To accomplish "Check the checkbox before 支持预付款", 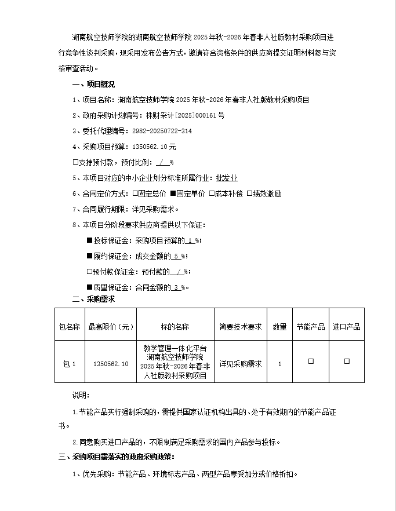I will pos(75,162).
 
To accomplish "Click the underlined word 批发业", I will pos(227,178).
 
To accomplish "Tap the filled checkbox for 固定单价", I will pos(172,194).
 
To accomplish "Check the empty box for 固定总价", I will pos(135,194).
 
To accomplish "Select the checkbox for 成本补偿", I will pos(212,194).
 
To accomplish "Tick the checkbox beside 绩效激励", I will pos(249,194).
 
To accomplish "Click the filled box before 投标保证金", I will pos(89,240).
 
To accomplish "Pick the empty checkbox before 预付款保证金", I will pos(89,271).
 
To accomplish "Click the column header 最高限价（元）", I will pos(110,327).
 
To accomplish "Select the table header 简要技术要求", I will pos(241,327).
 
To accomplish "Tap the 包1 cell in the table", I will pos(69,364).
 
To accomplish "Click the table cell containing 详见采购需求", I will pos(241,364).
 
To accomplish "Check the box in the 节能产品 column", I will pos(311,362).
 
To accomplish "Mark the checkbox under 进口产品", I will pos(347,362).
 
